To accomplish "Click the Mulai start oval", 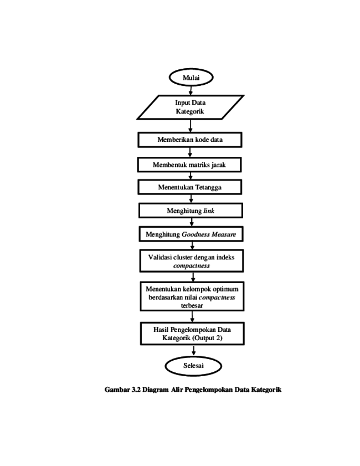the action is (x=191, y=77).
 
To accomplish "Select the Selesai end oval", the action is (x=193, y=366).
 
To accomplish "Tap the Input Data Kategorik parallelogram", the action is (x=191, y=107).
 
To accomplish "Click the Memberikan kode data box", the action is (x=190, y=140).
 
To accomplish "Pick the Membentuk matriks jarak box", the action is (x=189, y=165).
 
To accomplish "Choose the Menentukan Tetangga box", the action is (x=190, y=187).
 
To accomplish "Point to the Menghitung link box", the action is (x=191, y=211).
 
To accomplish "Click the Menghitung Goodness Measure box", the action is (x=191, y=234).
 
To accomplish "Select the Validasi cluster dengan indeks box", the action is (x=192, y=261).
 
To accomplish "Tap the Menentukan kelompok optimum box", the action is (x=192, y=296).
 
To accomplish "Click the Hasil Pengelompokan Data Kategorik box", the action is (x=193, y=334).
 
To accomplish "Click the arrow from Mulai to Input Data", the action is (x=191, y=91).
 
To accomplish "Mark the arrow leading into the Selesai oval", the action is (x=194, y=350).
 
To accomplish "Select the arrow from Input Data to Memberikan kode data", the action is (x=190, y=126).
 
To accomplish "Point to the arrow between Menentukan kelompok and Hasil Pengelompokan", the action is (x=192, y=317).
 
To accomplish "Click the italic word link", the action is (x=209, y=211).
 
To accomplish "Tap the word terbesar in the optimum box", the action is (x=192, y=305).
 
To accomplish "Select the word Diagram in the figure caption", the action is (x=155, y=390).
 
